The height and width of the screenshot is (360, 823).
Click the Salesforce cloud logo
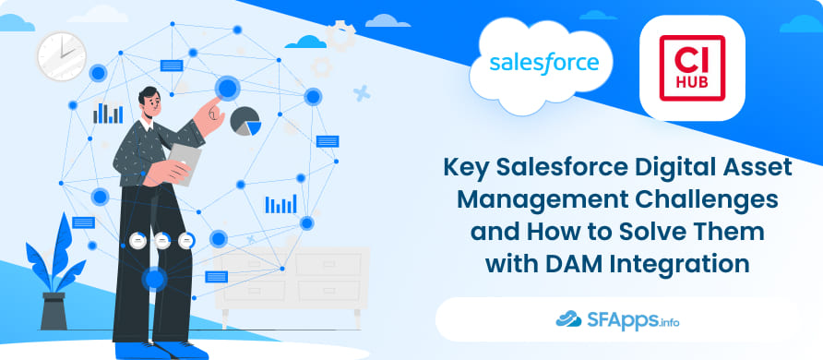(544, 64)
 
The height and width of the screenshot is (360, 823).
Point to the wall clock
(61, 54)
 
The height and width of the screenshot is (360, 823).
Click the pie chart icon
(245, 121)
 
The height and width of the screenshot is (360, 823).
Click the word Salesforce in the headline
(552, 169)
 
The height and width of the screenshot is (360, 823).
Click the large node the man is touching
(228, 88)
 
